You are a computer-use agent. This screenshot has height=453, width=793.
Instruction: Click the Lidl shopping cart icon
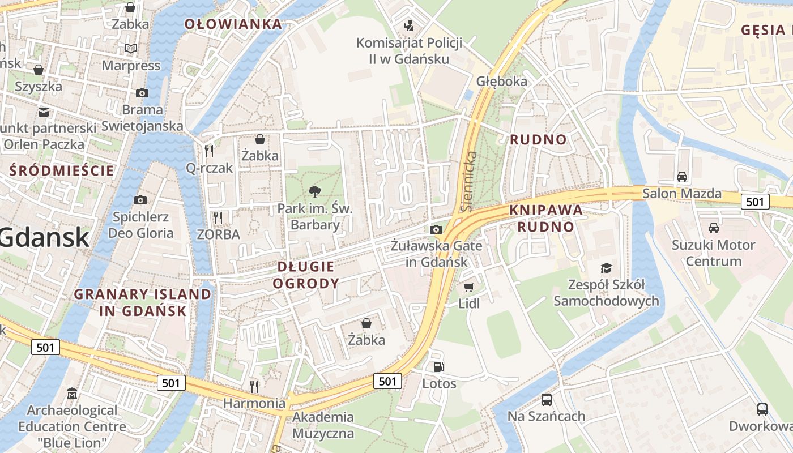tap(468, 287)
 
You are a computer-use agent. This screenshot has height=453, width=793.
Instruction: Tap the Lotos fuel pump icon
tap(438, 367)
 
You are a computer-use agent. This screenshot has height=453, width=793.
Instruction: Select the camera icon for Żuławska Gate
tap(436, 229)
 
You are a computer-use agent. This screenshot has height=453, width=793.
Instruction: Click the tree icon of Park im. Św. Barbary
tap(314, 191)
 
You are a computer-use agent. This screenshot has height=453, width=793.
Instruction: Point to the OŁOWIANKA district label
tap(233, 24)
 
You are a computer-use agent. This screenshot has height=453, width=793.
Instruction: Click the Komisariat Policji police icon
tap(408, 25)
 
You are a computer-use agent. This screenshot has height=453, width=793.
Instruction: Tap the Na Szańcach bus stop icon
tap(546, 400)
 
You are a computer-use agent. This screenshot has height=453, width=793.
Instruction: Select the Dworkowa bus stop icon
tap(762, 409)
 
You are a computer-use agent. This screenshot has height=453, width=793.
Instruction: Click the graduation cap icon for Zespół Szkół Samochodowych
tap(606, 268)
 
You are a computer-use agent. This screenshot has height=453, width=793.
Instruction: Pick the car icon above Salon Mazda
tap(682, 176)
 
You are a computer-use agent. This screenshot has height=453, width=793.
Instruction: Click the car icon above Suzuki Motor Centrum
tap(713, 228)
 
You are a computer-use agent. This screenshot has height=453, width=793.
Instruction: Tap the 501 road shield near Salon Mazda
tap(755, 201)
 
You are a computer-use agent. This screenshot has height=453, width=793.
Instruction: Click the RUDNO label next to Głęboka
tap(538, 139)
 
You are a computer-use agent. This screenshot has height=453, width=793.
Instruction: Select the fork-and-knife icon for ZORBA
tap(218, 217)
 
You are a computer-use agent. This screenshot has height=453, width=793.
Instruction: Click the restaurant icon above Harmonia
tap(254, 386)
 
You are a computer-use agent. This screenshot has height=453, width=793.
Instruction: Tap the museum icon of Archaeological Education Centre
tap(72, 393)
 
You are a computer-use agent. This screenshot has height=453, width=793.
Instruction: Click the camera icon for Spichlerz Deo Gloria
tap(140, 200)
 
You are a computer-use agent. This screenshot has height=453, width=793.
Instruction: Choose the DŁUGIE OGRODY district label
tap(306, 275)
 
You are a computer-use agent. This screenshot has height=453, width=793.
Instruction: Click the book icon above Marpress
tap(131, 49)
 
